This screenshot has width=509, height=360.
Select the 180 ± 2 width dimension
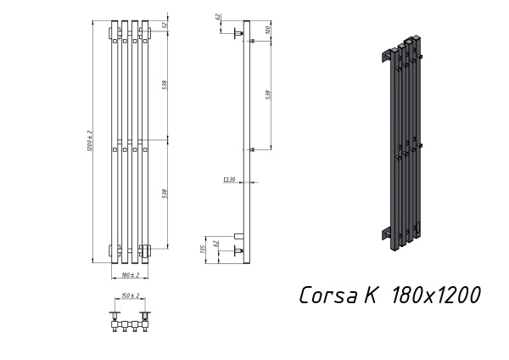(129, 274)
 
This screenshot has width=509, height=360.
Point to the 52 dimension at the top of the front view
(164, 25)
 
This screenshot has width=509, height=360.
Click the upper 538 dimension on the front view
(164, 84)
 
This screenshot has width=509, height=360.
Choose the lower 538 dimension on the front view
(164, 194)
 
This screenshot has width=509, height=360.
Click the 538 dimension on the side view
(268, 93)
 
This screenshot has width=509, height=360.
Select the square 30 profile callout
(229, 180)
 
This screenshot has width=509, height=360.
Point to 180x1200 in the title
(435, 295)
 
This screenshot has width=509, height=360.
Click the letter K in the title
(372, 295)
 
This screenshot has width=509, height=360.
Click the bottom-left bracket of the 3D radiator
(386, 232)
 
